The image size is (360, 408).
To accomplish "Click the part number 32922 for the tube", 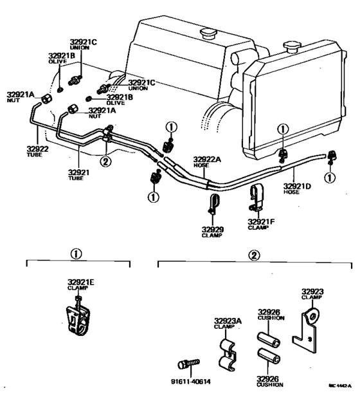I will point(35,149).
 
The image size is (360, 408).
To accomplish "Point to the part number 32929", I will point(212,229).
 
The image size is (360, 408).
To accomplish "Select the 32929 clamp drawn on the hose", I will point(212,205).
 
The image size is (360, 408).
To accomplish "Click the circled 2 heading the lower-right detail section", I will point(255,254).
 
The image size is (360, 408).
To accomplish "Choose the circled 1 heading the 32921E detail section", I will point(78,254).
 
